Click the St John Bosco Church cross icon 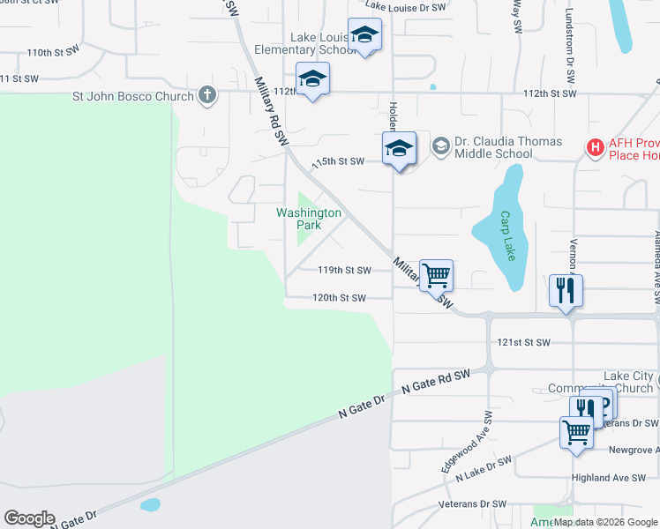[x=207, y=95]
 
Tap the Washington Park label [x=308, y=219]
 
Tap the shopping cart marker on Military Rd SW [x=436, y=276]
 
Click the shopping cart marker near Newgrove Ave [x=576, y=434]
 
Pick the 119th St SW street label [x=345, y=271]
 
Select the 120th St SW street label [x=339, y=298]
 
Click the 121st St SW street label [x=524, y=342]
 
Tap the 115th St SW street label [x=338, y=161]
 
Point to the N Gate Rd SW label [x=435, y=381]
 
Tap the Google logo [x=29, y=518]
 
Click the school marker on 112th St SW [x=312, y=80]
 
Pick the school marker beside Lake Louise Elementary [x=364, y=36]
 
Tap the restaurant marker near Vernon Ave [x=565, y=290]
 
